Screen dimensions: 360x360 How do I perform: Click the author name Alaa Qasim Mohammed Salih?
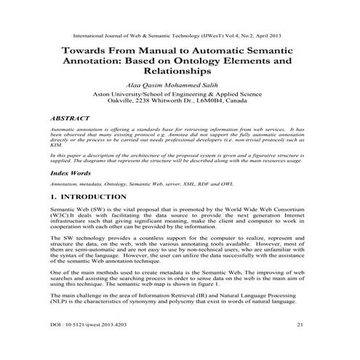[x=179, y=84]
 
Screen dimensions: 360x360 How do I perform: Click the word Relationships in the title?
[x=179, y=72]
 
